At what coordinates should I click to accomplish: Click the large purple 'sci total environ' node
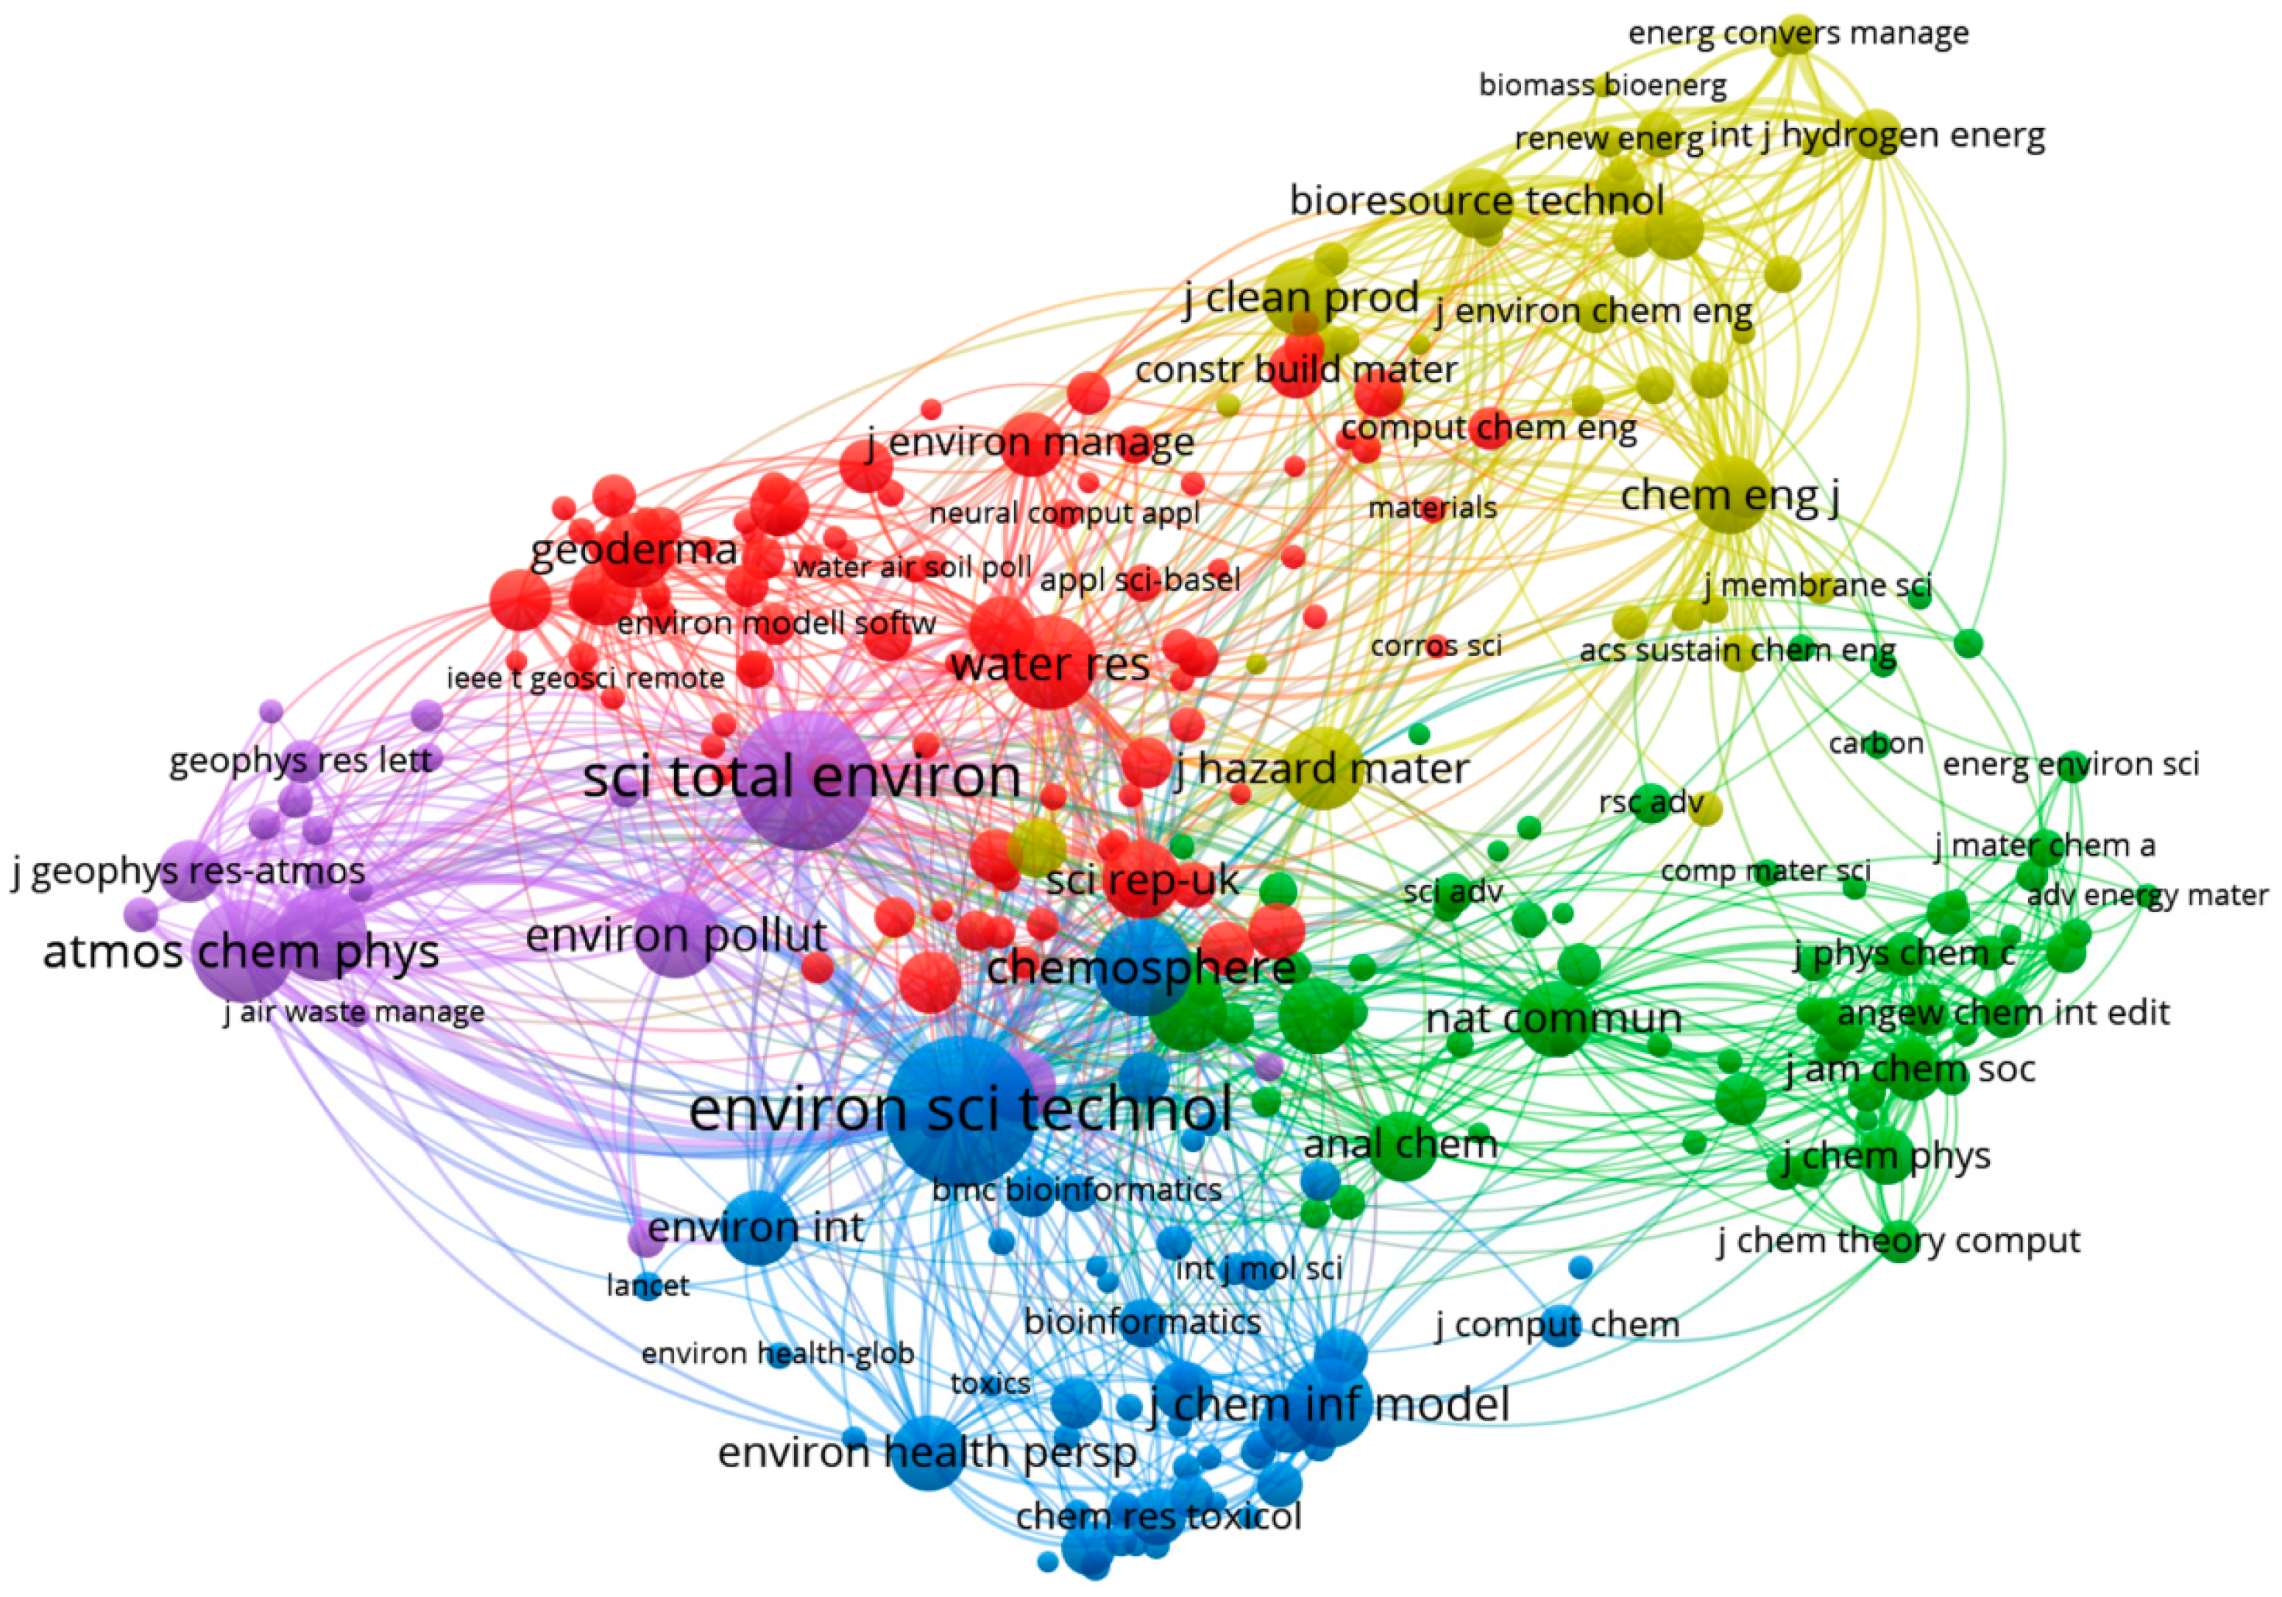coord(801,780)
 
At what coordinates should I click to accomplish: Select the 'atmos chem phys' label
coord(241,952)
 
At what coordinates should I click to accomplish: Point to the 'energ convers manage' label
coord(1798,34)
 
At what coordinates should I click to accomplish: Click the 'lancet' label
coord(647,1286)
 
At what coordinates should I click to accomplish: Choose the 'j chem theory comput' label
coord(1899,1241)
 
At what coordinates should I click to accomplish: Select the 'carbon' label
coord(1876,744)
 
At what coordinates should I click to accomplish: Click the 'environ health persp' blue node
coord(926,1452)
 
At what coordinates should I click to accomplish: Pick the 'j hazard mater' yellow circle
coord(1323,767)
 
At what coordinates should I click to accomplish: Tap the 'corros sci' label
coord(1435,646)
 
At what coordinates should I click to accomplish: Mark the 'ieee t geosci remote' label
coord(586,679)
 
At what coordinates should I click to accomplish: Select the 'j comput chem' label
coord(1557,1325)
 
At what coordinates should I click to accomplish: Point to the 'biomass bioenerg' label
coord(1602,85)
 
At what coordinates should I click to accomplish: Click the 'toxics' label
coord(990,1384)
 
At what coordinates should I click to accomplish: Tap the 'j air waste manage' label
coord(354,1013)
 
